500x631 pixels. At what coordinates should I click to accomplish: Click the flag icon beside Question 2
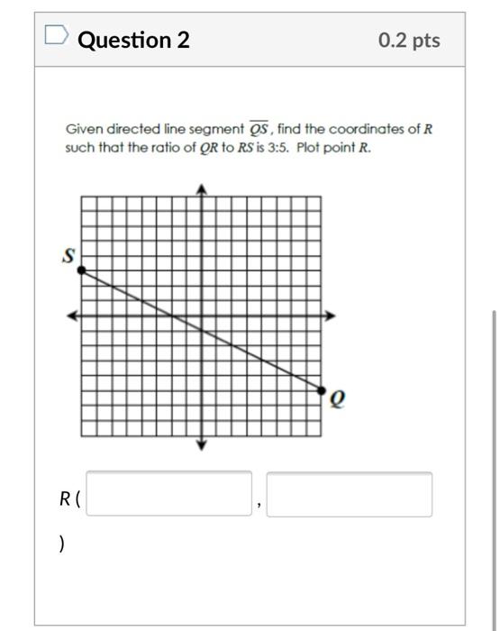tap(56, 37)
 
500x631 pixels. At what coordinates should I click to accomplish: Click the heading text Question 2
tap(134, 40)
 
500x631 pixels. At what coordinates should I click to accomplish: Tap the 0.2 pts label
tap(409, 41)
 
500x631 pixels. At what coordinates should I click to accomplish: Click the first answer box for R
tap(169, 494)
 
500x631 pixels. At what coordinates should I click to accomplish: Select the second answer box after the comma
tap(350, 494)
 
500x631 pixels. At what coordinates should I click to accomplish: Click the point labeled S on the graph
tap(81, 270)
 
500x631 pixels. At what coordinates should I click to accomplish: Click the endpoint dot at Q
tap(323, 389)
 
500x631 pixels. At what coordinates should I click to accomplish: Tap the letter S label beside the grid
tap(68, 256)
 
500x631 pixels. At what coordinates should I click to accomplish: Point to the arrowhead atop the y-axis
tap(202, 188)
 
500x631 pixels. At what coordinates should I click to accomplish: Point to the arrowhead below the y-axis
tap(202, 444)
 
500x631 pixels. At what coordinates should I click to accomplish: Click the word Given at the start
tap(82, 129)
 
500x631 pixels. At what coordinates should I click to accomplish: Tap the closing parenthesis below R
tap(61, 544)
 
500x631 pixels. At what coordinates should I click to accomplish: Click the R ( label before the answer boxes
tap(69, 498)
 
